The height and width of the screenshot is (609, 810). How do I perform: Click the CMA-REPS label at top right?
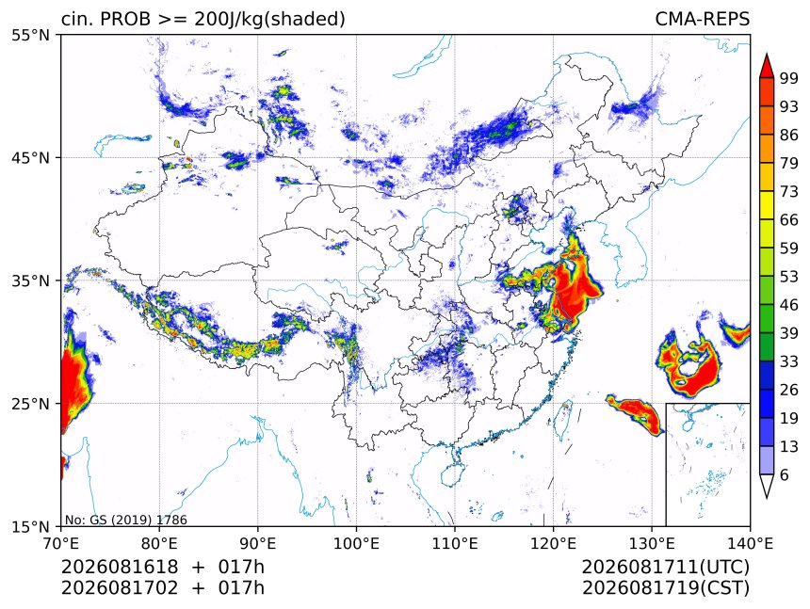[x=702, y=19]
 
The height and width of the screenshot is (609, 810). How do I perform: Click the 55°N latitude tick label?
[x=30, y=36]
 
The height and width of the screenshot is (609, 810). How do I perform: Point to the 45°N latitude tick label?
[x=30, y=158]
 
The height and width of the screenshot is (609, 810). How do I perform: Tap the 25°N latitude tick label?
[x=30, y=404]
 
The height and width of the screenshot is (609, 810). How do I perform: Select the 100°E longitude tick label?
[x=356, y=543]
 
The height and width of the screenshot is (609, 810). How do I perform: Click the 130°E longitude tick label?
[x=652, y=543]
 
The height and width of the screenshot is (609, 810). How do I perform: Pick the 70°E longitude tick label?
[x=61, y=543]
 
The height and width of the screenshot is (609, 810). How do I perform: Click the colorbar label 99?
[x=789, y=78]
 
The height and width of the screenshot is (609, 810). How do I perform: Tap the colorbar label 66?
[x=789, y=220]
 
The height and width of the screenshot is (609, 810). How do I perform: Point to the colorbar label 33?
[x=789, y=361]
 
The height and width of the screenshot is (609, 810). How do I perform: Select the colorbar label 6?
[x=785, y=474]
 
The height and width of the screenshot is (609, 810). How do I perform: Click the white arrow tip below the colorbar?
[x=767, y=498]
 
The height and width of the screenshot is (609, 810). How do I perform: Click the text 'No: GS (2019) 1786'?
[x=125, y=520]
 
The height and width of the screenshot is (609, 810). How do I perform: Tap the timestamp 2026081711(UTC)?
[x=665, y=567]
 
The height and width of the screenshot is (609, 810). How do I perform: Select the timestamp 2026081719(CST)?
[x=665, y=588]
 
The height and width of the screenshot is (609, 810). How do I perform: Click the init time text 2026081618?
[x=120, y=567]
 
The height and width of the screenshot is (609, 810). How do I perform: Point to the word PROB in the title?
[x=125, y=19]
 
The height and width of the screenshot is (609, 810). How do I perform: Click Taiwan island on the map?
[x=563, y=418]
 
